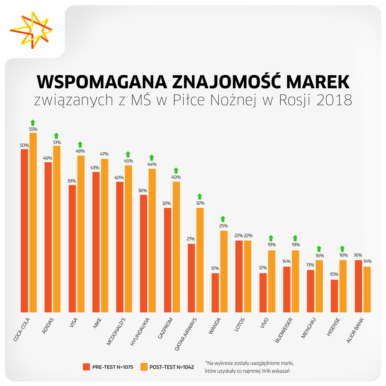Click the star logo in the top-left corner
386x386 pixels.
point(31,30)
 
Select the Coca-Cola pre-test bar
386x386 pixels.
point(24,231)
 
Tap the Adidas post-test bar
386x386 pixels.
point(57,229)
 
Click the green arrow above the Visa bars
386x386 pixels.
point(80,144)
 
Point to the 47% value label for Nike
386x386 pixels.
point(105,154)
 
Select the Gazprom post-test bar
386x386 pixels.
point(176,247)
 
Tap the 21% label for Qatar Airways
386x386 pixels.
point(191,239)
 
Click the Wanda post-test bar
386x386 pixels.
point(224,271)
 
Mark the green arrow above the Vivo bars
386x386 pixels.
point(271,238)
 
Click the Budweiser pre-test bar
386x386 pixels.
point(287,289)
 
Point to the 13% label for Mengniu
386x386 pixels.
point(310,265)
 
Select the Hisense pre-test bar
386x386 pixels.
point(334,296)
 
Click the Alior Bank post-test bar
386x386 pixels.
point(367,289)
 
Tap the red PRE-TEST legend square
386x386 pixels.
point(86,367)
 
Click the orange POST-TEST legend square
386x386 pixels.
point(144,367)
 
